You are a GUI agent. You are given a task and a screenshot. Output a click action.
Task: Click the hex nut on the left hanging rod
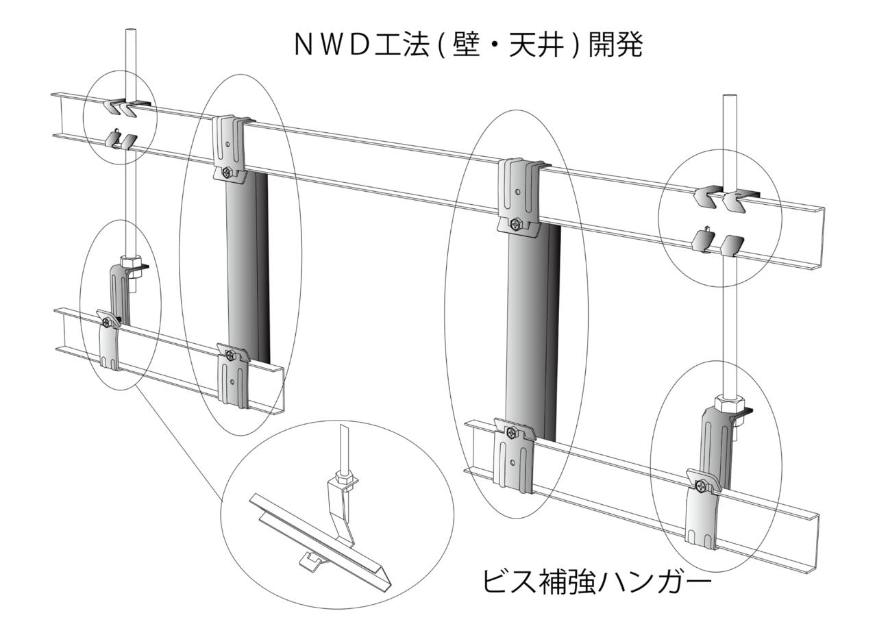click(129, 261)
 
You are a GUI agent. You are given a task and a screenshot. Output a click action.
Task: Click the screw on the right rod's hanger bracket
click(701, 485)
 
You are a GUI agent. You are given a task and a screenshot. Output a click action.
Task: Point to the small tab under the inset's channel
click(312, 561)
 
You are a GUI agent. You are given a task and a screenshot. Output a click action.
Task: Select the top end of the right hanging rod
click(730, 98)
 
